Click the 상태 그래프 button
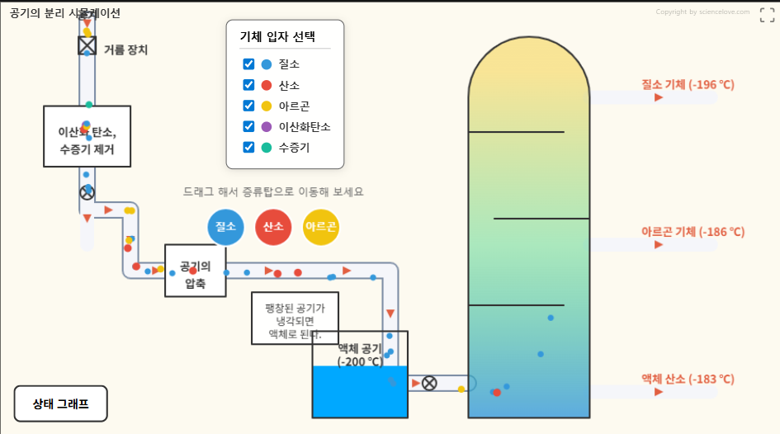pyautogui.click(x=61, y=403)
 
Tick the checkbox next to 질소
pyautogui.click(x=248, y=64)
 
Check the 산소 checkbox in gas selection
pyautogui.click(x=248, y=85)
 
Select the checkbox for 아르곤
pyautogui.click(x=248, y=106)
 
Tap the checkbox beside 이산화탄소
pyautogui.click(x=248, y=126)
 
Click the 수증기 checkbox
pyautogui.click(x=248, y=147)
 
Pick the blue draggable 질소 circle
pyautogui.click(x=225, y=227)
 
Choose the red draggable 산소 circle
pyautogui.click(x=273, y=227)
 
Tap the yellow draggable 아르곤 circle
pyautogui.click(x=321, y=227)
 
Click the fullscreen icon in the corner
pyautogui.click(x=767, y=14)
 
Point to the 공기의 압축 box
pyautogui.click(x=196, y=271)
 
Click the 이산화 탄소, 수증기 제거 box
pyautogui.click(x=87, y=136)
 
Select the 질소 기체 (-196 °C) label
pyautogui.click(x=688, y=84)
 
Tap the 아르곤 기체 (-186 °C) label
pyautogui.click(x=693, y=232)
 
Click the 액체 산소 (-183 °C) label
pyautogui.click(x=688, y=379)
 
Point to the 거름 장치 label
pyautogui.click(x=125, y=50)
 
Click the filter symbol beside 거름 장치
pyautogui.click(x=87, y=46)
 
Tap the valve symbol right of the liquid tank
pyautogui.click(x=429, y=383)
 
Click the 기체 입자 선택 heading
pyautogui.click(x=277, y=37)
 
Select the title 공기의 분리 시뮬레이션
pyautogui.click(x=65, y=12)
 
